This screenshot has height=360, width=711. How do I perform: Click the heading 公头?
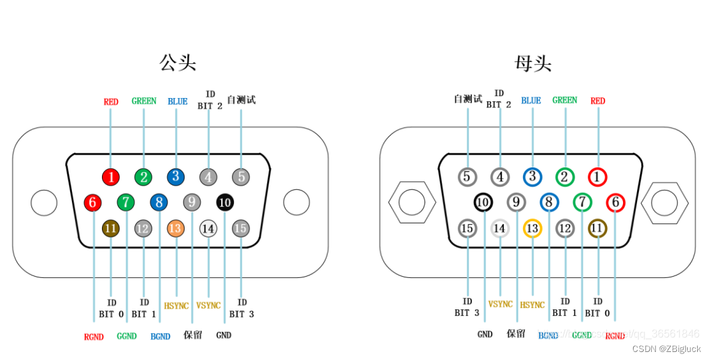[x=177, y=63]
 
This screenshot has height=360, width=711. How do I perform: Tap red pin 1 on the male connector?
[x=111, y=177]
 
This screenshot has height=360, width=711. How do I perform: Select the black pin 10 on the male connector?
[x=225, y=201]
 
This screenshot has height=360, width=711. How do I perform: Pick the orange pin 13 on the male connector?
[x=175, y=229]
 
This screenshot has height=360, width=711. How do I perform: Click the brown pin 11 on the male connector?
[x=111, y=229]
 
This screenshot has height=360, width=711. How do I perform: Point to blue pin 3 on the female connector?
[x=532, y=177]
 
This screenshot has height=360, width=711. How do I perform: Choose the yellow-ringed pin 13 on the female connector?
[x=532, y=229]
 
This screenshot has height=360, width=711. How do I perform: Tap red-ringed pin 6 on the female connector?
[x=614, y=201]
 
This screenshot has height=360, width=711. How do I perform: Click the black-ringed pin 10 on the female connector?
[x=483, y=201]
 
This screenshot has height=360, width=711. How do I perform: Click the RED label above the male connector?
[x=111, y=102]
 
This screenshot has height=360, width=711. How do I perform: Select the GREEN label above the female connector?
[x=564, y=100]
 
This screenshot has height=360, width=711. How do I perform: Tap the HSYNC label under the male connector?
[x=176, y=305]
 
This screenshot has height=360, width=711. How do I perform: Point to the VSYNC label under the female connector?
[x=500, y=304]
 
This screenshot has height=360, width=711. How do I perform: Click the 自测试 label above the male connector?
[x=241, y=100]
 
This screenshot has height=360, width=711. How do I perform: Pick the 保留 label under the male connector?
[x=193, y=335]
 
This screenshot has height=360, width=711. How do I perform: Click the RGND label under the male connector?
[x=94, y=337]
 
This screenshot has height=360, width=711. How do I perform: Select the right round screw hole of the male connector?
[x=297, y=203]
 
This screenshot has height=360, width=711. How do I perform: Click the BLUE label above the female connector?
[x=531, y=101]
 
